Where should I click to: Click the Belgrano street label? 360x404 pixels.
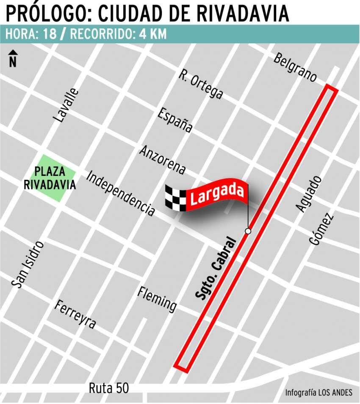click(x=295, y=67)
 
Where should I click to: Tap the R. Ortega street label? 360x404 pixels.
click(x=200, y=84)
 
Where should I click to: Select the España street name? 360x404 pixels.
click(x=175, y=120)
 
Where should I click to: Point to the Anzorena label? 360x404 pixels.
click(x=163, y=160)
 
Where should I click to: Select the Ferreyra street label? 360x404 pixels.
click(x=75, y=315)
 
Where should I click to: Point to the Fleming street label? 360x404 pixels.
click(x=157, y=299)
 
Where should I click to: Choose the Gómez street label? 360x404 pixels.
click(x=321, y=229)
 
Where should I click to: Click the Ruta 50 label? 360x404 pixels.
click(x=108, y=388)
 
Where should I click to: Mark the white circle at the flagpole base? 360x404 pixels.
click(x=248, y=231)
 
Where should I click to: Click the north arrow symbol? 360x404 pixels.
click(x=13, y=58)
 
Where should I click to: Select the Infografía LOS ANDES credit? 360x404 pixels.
click(x=318, y=392)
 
